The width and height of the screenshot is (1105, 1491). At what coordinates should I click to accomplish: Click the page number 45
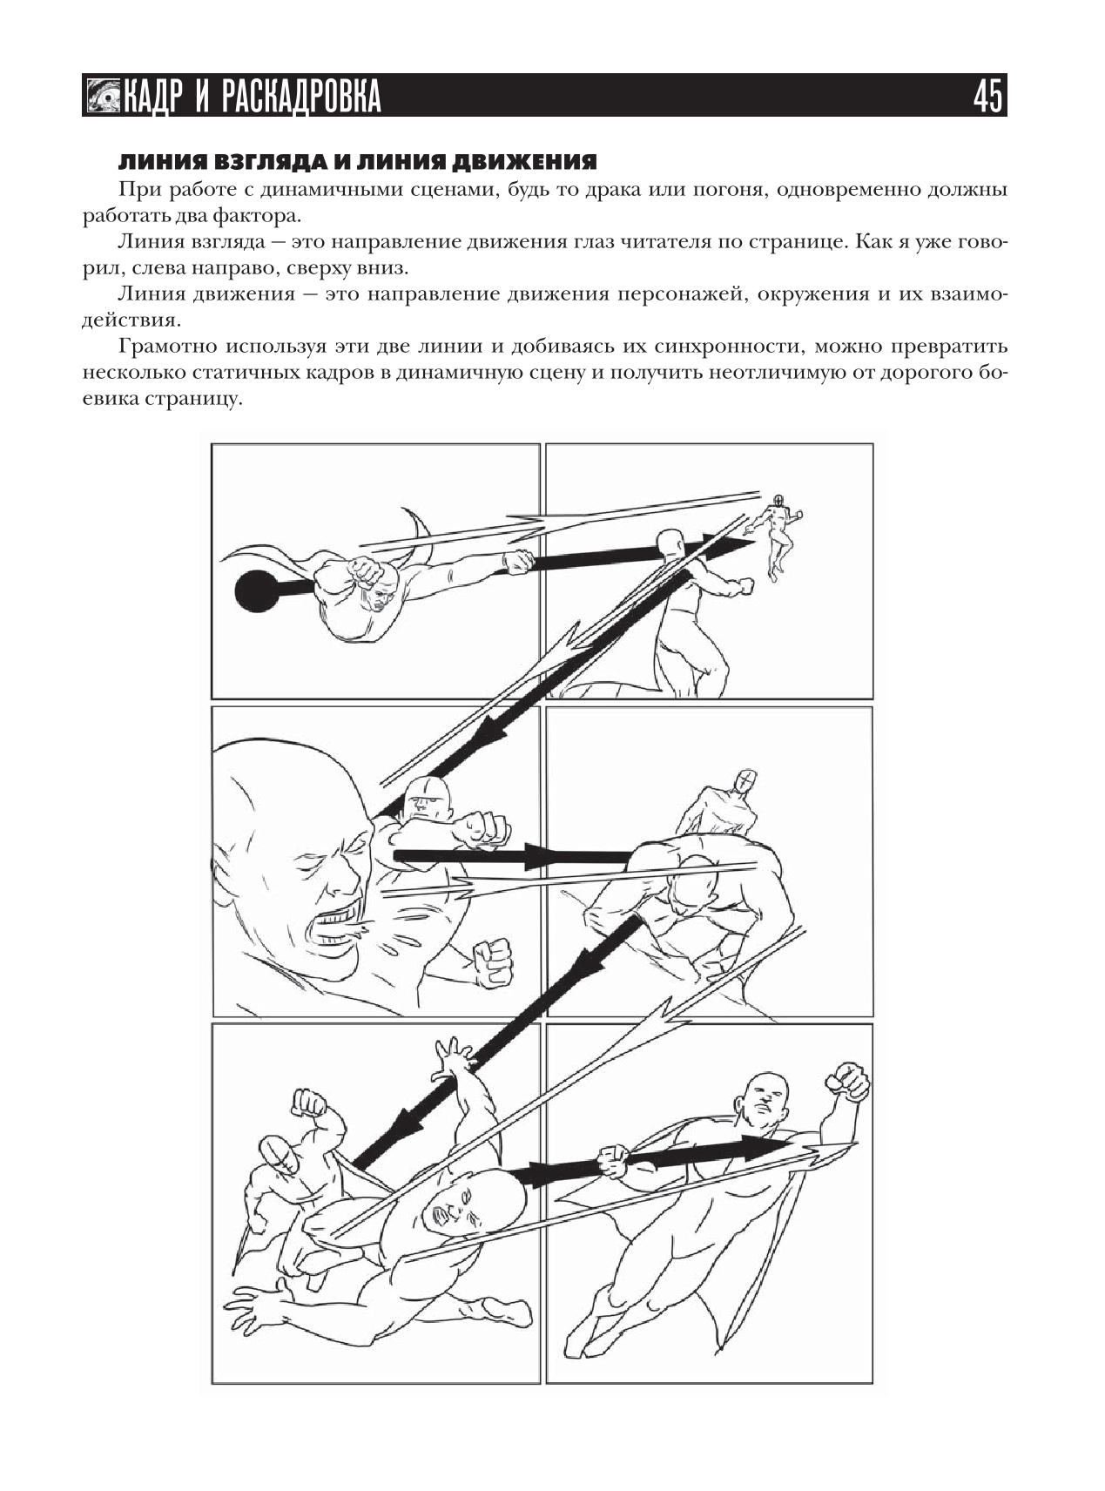[988, 96]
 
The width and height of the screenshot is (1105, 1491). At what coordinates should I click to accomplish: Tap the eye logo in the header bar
[104, 96]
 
